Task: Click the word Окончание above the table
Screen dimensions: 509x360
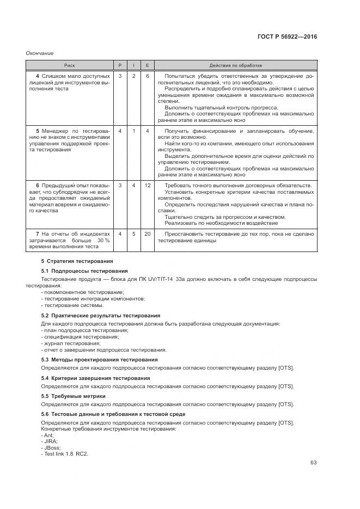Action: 40,53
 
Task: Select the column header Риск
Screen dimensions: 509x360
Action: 70,65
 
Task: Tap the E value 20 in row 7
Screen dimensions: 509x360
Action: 147,234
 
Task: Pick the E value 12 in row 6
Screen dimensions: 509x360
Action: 147,186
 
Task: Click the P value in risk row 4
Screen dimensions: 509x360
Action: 120,76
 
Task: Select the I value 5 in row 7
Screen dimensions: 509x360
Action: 133,234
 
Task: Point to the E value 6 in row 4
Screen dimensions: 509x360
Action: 147,76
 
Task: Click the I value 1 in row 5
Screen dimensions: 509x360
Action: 133,131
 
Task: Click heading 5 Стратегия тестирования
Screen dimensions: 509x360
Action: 77,261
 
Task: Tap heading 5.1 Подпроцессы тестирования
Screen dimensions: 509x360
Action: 84,271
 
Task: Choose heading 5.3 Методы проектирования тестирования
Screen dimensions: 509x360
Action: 100,359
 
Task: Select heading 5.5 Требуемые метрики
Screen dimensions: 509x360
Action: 74,396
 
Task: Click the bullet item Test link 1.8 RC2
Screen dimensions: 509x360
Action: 65,454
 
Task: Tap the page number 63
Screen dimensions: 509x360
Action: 313,463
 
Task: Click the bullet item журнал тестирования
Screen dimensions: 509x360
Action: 71,344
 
